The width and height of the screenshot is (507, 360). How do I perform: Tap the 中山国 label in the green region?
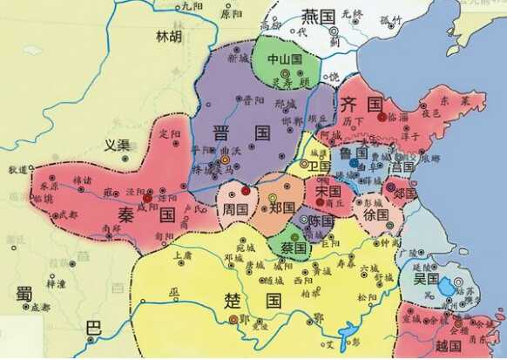tap(284, 59)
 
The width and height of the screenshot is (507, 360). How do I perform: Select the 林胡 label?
tap(169, 37)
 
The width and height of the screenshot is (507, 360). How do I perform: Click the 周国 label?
tap(236, 210)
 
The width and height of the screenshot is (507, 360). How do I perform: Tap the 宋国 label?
tap(328, 191)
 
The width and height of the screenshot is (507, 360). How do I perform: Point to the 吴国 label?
tap(426, 279)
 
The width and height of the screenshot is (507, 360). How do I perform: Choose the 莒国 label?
tap(401, 166)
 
